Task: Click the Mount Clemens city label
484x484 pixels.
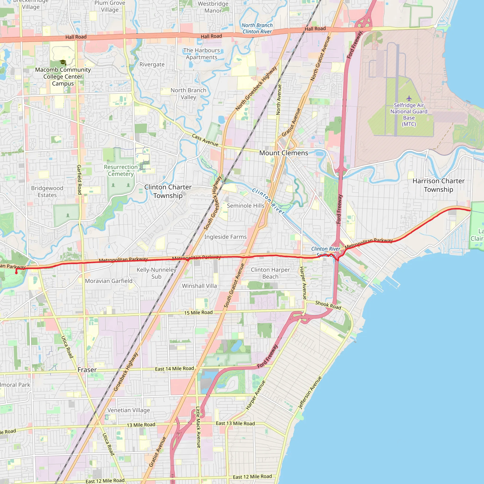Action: [284, 153]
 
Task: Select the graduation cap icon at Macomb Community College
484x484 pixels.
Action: [63, 62]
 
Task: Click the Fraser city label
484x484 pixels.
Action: [87, 370]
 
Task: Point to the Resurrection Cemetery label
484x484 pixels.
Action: [121, 170]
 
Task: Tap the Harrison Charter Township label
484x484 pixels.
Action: [438, 185]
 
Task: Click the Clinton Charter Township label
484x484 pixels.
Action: [168, 191]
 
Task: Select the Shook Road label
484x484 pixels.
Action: [328, 305]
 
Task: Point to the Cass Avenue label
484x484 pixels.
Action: [205, 140]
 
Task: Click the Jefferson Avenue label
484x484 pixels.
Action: [310, 393]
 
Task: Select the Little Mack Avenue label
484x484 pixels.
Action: [198, 427]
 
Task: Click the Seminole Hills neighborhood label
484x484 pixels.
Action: [246, 206]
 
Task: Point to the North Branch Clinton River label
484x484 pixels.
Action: [257, 28]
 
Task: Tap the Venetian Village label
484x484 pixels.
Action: [129, 410]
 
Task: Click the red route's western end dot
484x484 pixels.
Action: [17, 273]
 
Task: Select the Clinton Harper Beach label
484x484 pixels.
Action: [270, 273]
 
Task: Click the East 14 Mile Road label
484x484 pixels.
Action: [174, 369]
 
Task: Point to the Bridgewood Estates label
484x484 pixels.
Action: [47, 191]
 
